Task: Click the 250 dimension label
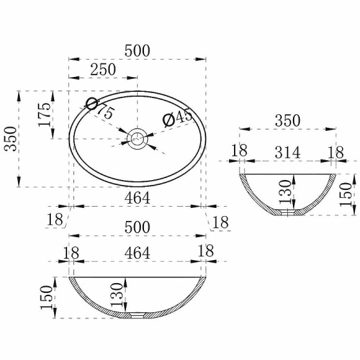point(103,69)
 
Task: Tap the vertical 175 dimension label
point(45,115)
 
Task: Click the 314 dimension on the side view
point(288,151)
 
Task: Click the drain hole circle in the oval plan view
point(137,138)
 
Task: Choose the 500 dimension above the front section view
point(137,227)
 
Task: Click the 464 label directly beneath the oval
point(137,198)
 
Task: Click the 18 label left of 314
point(240,151)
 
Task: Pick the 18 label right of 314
point(336,151)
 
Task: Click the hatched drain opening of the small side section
point(288,213)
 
